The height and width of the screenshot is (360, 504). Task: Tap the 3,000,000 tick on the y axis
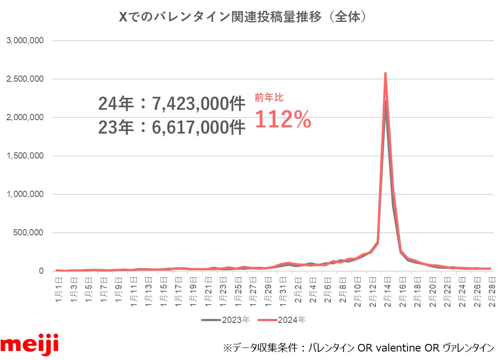click(x=25, y=41)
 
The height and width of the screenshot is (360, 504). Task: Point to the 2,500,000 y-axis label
click(x=25, y=79)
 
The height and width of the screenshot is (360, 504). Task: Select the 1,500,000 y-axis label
click(x=25, y=156)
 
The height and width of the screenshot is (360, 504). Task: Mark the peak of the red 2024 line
click(x=385, y=74)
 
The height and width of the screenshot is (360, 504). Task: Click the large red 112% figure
click(x=283, y=119)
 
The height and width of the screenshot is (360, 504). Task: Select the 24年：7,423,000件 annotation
click(x=172, y=104)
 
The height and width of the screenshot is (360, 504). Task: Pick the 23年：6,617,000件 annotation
click(x=172, y=128)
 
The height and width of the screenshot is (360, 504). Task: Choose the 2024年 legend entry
click(x=288, y=320)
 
